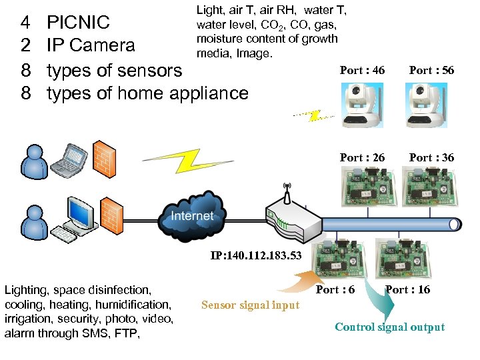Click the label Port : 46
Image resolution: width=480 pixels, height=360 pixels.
pos(362,71)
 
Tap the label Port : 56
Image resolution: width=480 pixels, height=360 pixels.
pos(431,71)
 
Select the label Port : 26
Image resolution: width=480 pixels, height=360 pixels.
pos(362,158)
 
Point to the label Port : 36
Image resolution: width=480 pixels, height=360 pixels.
pos(431,158)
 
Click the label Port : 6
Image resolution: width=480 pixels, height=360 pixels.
pos(335,289)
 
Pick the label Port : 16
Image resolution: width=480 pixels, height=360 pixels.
pos(407,289)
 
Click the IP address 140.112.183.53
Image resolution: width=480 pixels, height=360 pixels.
pos(256,255)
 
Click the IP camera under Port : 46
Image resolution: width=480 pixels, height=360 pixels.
pos(362,104)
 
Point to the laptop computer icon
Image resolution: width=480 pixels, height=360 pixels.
pos(70,159)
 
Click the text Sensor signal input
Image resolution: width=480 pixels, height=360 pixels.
pos(250,305)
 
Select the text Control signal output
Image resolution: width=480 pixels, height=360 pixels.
pos(389,327)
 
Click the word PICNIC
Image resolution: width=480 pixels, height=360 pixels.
pos(78,23)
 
